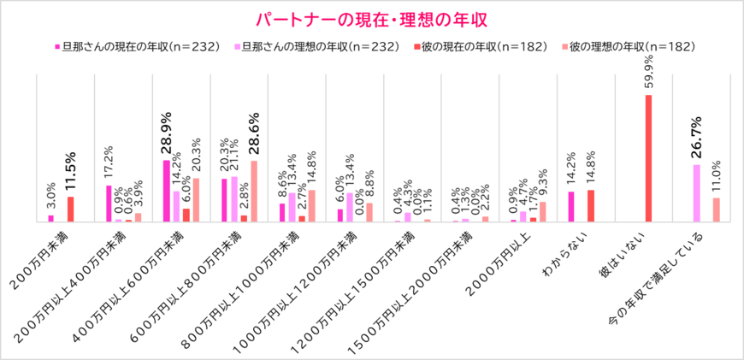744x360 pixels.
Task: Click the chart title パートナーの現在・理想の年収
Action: (x=372, y=19)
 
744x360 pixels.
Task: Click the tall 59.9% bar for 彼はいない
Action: (x=648, y=158)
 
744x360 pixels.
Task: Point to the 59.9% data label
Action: (x=648, y=74)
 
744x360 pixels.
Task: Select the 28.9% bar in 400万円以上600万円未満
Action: (x=167, y=191)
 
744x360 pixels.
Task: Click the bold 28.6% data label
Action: (x=254, y=137)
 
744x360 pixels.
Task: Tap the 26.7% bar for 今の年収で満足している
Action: (x=696, y=193)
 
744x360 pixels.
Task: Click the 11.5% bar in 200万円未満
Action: (x=70, y=209)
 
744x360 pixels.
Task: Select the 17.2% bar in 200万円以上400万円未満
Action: (x=109, y=204)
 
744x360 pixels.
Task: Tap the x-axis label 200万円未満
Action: (x=43, y=256)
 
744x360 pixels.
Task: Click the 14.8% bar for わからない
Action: (x=590, y=205)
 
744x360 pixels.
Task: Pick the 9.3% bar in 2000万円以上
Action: (x=542, y=211)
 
